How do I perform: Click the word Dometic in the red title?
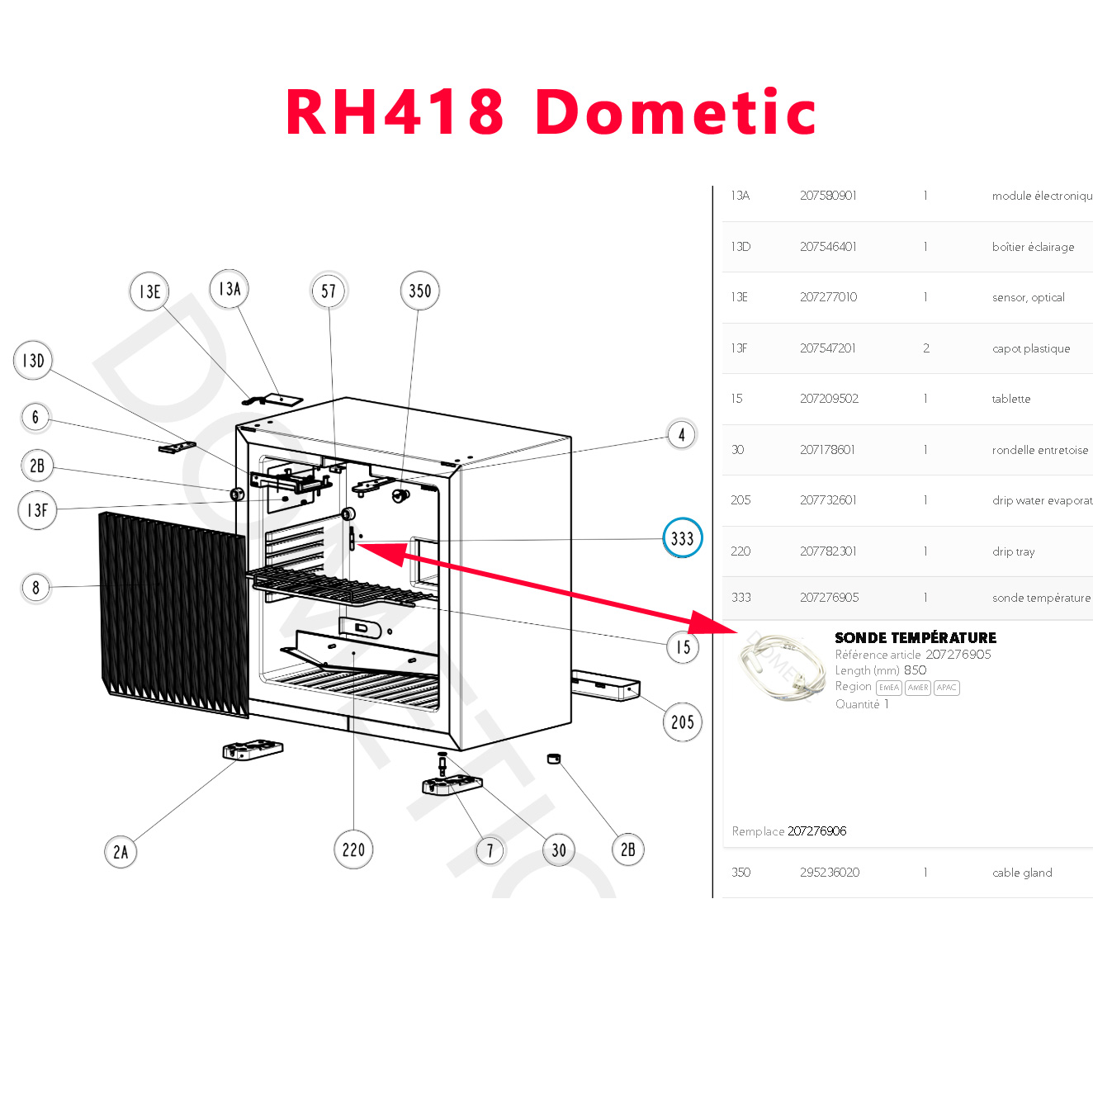tap(675, 113)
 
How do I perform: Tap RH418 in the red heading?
tap(395, 113)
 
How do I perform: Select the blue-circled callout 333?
tap(683, 538)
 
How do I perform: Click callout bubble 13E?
tap(149, 292)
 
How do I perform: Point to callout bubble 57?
tap(329, 291)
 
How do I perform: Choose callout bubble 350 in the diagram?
tap(419, 291)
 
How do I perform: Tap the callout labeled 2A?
tap(121, 852)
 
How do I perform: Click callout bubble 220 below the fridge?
tap(353, 849)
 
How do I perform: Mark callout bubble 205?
tap(682, 722)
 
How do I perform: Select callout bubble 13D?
tap(33, 362)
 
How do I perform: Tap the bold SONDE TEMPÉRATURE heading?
tap(915, 638)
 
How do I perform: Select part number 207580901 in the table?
tap(828, 196)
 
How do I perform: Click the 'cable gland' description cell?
tap(1022, 873)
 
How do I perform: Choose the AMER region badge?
tap(917, 688)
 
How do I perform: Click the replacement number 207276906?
tap(817, 831)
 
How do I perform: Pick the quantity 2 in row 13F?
tap(926, 348)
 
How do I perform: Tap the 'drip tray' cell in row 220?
tap(1013, 551)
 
